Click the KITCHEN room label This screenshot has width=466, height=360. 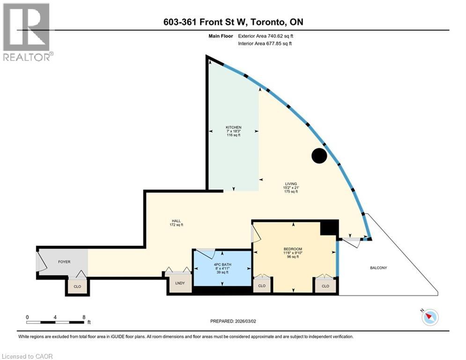(x=233, y=127)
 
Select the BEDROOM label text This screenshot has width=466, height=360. (x=293, y=248)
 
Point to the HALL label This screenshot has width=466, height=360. (x=176, y=221)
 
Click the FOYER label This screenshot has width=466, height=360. (x=64, y=262)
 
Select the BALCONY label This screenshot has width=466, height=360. (x=378, y=268)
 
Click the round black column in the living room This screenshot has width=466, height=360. (x=319, y=156)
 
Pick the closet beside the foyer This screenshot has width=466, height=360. (x=77, y=286)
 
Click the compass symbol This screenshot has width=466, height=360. (x=429, y=317)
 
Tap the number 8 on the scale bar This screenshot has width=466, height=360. (x=83, y=317)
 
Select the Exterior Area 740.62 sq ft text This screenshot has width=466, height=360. (x=266, y=36)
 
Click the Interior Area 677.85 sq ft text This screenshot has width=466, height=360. (x=265, y=44)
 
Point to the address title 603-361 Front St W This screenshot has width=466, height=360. (x=233, y=22)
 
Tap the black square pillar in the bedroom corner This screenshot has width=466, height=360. (x=329, y=228)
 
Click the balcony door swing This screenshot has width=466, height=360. (x=351, y=240)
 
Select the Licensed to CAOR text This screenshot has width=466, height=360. (x=28, y=356)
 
